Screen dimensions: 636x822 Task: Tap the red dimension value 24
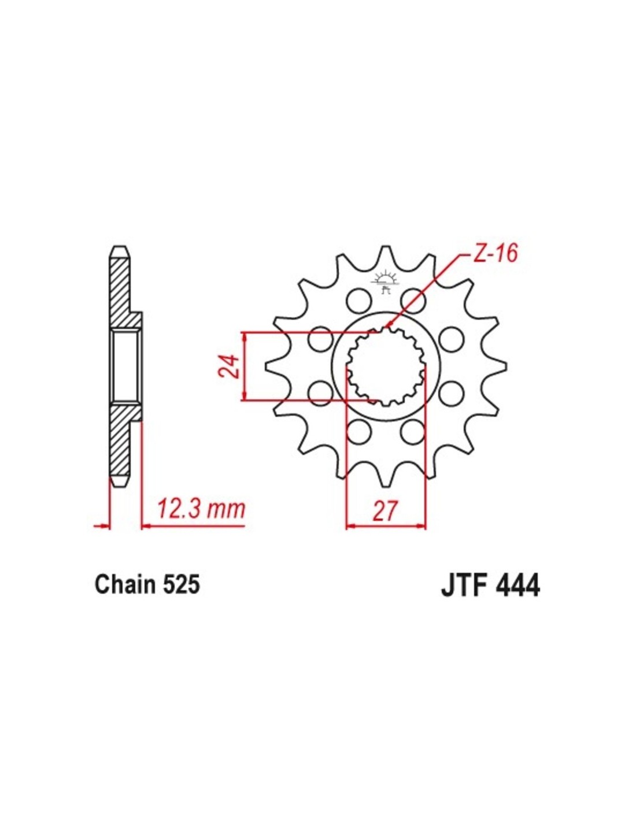click(230, 366)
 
